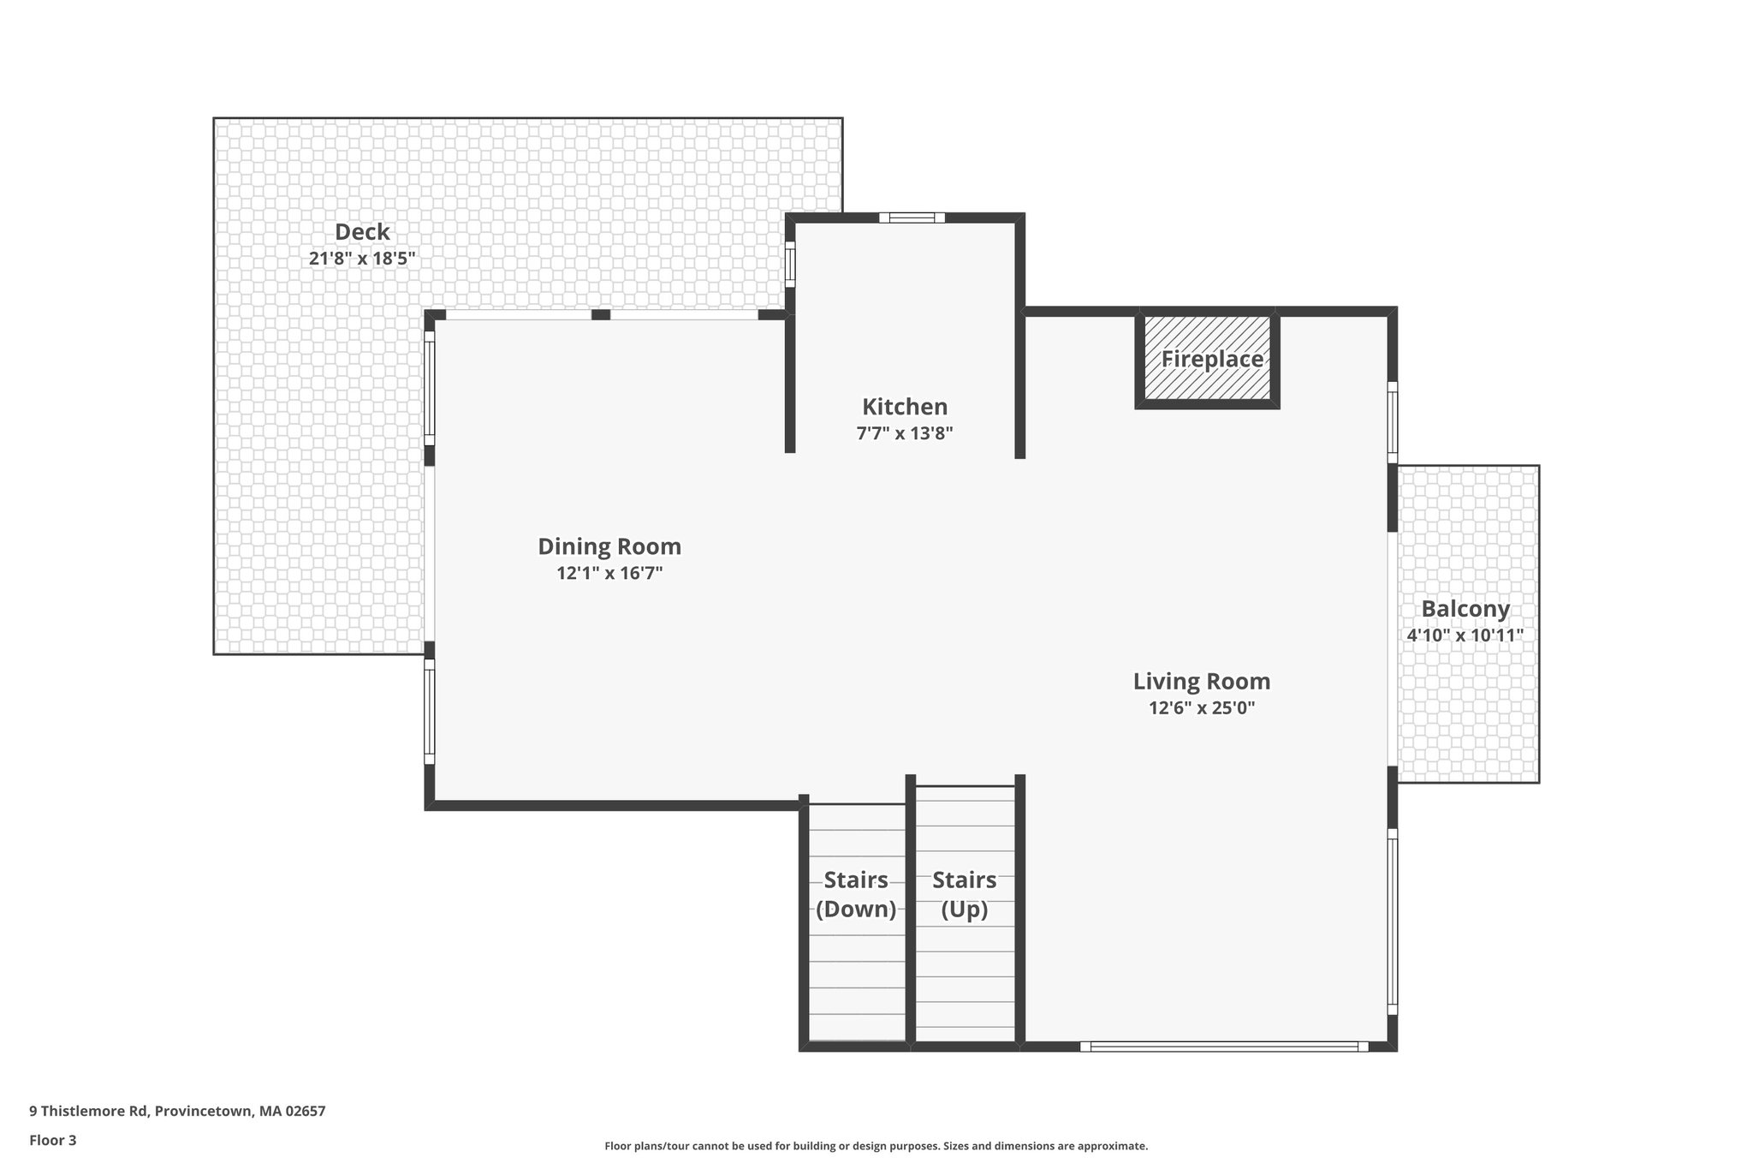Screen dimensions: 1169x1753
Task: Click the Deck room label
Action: click(362, 232)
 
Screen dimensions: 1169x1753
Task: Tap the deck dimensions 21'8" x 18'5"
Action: click(362, 259)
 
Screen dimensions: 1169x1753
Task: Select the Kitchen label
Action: click(905, 407)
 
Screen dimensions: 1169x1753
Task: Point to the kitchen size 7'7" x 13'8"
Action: click(905, 433)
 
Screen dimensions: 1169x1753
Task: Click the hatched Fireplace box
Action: click(1208, 359)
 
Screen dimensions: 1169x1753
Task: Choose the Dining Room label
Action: click(609, 546)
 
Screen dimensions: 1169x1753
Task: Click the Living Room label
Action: click(1202, 682)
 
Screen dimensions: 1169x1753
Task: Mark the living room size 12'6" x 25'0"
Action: click(1202, 708)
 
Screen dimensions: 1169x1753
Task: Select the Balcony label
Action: click(1465, 609)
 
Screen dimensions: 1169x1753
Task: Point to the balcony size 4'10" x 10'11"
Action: click(1465, 635)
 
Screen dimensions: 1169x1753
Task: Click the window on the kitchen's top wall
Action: click(912, 218)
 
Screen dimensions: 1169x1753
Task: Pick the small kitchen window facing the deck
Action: click(790, 265)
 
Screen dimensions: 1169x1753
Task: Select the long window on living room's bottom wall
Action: click(1224, 1046)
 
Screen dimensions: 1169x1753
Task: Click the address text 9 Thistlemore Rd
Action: click(177, 1112)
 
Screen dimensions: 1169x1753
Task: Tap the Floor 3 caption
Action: click(53, 1140)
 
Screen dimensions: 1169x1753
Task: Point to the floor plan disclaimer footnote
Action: click(876, 1146)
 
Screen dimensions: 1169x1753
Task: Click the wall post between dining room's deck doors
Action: click(601, 315)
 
